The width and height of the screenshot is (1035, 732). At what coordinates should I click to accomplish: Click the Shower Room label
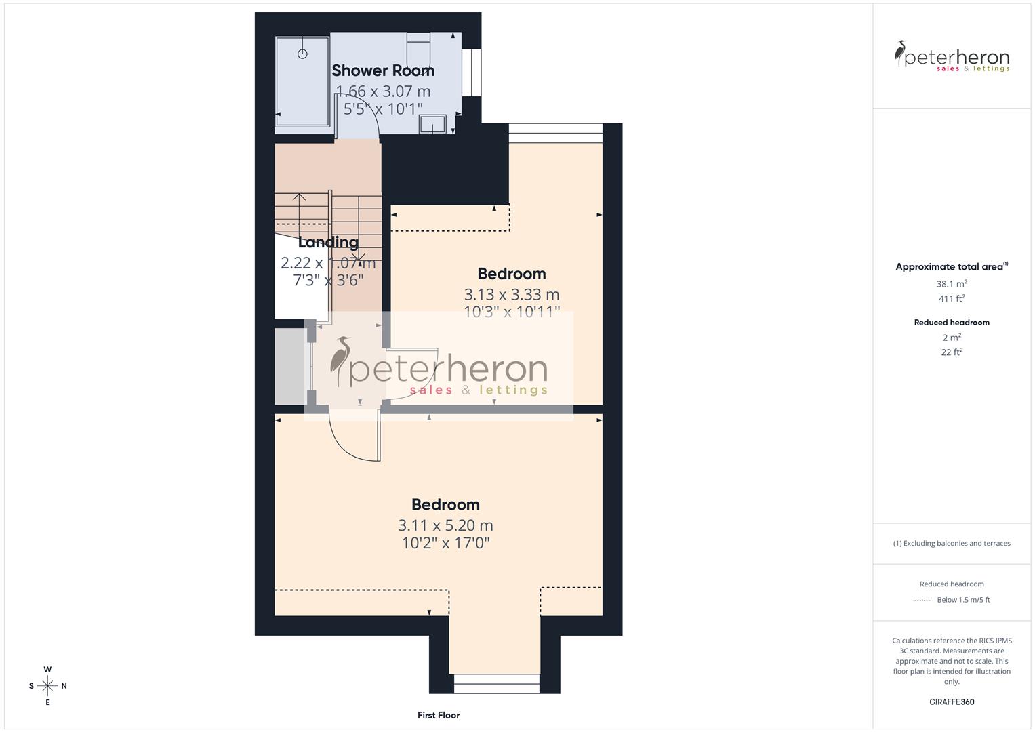pyautogui.click(x=383, y=70)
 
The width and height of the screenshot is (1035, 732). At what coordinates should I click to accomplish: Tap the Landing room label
pyautogui.click(x=328, y=242)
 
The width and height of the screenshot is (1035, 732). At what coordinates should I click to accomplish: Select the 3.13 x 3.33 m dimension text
pyautogui.click(x=512, y=295)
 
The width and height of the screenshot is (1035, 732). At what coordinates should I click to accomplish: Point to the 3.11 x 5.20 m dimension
pyautogui.click(x=445, y=525)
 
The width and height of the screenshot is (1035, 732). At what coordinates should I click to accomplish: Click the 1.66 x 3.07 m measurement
pyautogui.click(x=383, y=91)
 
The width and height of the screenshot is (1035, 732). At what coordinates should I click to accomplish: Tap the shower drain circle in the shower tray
pyautogui.click(x=302, y=54)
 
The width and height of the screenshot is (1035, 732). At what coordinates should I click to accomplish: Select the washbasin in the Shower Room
pyautogui.click(x=432, y=124)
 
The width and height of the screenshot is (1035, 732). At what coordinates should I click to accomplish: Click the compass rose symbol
pyautogui.click(x=47, y=686)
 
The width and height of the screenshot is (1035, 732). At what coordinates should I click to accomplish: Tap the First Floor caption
pyautogui.click(x=439, y=715)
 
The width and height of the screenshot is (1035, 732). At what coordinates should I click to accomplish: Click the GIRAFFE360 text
pyautogui.click(x=952, y=702)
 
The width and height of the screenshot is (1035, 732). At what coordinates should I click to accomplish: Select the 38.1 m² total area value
pyautogui.click(x=952, y=284)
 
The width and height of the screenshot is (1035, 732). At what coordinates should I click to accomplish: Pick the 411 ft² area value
pyautogui.click(x=952, y=298)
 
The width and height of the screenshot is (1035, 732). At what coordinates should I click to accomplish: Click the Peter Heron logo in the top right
pyautogui.click(x=952, y=56)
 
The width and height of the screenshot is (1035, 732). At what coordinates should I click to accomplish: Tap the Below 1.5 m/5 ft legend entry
pyautogui.click(x=962, y=600)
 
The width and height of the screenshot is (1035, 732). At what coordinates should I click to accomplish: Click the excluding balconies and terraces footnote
pyautogui.click(x=952, y=543)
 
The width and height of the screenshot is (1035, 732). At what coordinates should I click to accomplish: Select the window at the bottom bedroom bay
pyautogui.click(x=497, y=683)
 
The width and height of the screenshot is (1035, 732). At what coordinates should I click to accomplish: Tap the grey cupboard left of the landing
pyautogui.click(x=289, y=367)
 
